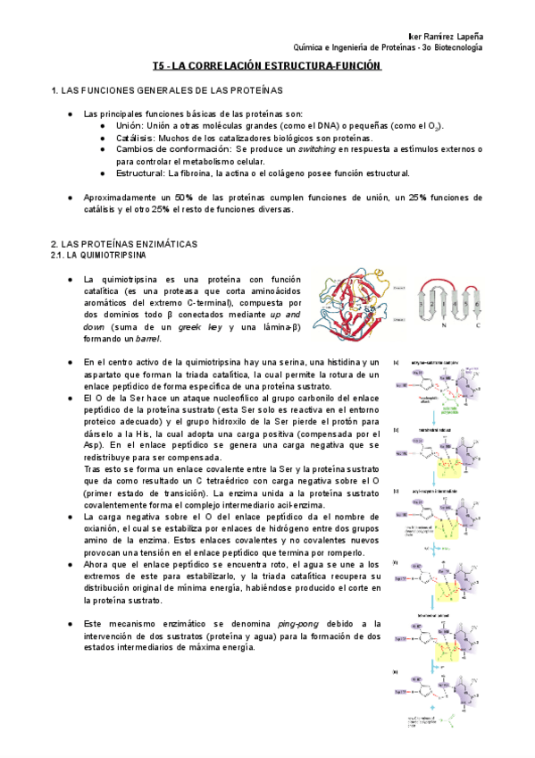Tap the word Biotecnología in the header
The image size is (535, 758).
coord(454,47)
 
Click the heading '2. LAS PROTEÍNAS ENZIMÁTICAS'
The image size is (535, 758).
coord(124,244)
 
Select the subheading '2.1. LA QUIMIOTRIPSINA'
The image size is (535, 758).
coord(100,256)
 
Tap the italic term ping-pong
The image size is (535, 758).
coord(298,623)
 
